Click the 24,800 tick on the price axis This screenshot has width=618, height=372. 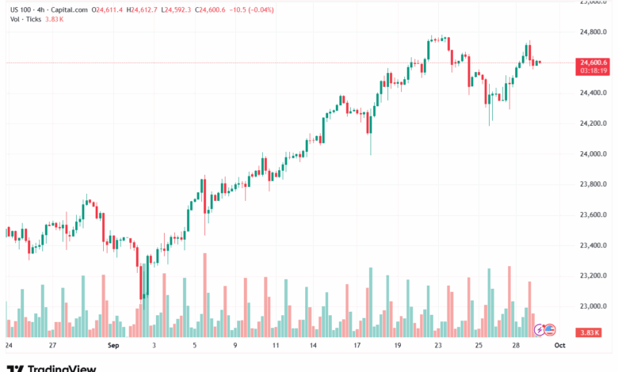(x=593, y=32)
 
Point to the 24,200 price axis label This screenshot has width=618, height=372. (x=593, y=123)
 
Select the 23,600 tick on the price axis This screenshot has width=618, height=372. (x=593, y=215)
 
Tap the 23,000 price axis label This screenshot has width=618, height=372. (x=593, y=306)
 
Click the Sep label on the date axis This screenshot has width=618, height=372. (x=113, y=346)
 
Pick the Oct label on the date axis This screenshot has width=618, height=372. (x=559, y=346)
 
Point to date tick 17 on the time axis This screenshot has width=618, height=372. (x=357, y=346)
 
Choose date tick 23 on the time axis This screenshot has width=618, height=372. (x=438, y=346)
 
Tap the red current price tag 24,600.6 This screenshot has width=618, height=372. (x=593, y=63)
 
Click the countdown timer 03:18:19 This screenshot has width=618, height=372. (x=593, y=70)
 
